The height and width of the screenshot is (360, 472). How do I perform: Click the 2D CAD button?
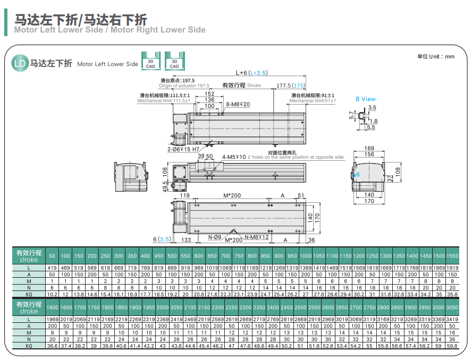point(150,61)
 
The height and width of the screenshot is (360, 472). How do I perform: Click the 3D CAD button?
point(174,61)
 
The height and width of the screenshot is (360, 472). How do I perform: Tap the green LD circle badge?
point(19,64)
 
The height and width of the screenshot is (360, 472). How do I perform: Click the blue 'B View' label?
point(365,99)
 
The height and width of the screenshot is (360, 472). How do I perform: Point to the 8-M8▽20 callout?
point(238,104)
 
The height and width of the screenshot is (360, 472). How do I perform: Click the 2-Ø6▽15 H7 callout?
point(180,149)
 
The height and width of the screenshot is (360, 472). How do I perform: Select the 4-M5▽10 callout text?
point(234,157)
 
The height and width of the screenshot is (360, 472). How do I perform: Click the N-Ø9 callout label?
point(215,237)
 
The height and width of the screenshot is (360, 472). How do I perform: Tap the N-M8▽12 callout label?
point(257,237)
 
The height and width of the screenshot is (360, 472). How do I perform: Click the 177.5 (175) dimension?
point(291,85)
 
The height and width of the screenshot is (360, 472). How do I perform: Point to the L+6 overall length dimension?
point(251,73)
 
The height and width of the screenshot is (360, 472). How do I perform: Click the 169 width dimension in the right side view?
point(369,149)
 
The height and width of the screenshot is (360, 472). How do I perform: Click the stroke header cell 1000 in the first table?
point(306,256)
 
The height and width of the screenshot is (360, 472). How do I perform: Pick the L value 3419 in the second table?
point(452,319)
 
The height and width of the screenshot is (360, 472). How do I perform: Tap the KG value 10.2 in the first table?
point(53,294)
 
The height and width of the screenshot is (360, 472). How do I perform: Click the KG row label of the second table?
point(29,345)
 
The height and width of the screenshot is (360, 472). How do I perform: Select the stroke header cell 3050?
point(452,307)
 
